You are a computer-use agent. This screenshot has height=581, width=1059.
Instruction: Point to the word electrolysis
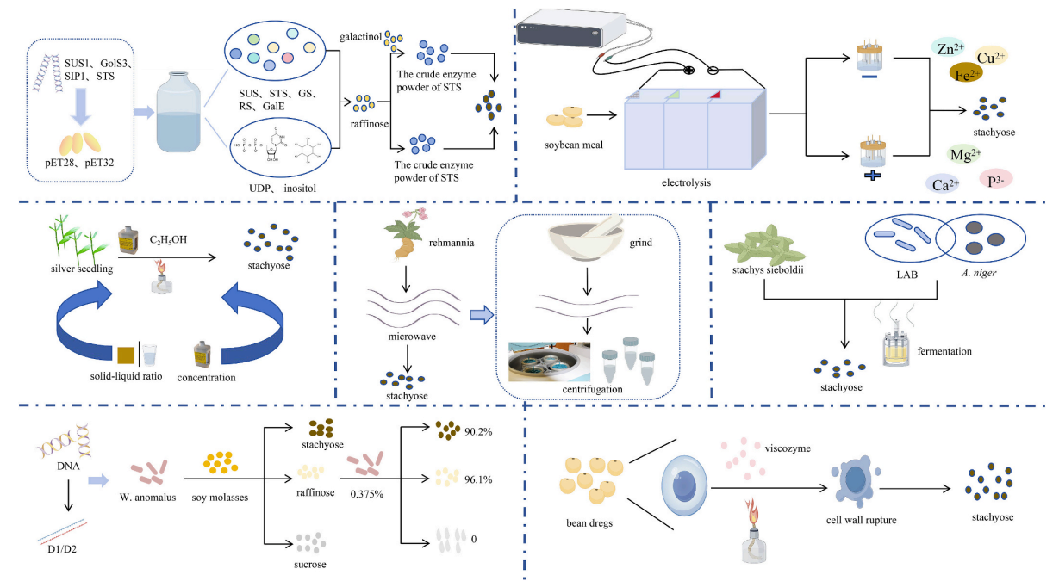click(x=690, y=182)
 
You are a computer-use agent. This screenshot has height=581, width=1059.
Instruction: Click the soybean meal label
click(x=573, y=144)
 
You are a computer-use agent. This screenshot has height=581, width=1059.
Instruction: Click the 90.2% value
click(x=477, y=430)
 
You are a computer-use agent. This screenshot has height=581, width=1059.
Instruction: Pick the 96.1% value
click(x=477, y=479)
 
